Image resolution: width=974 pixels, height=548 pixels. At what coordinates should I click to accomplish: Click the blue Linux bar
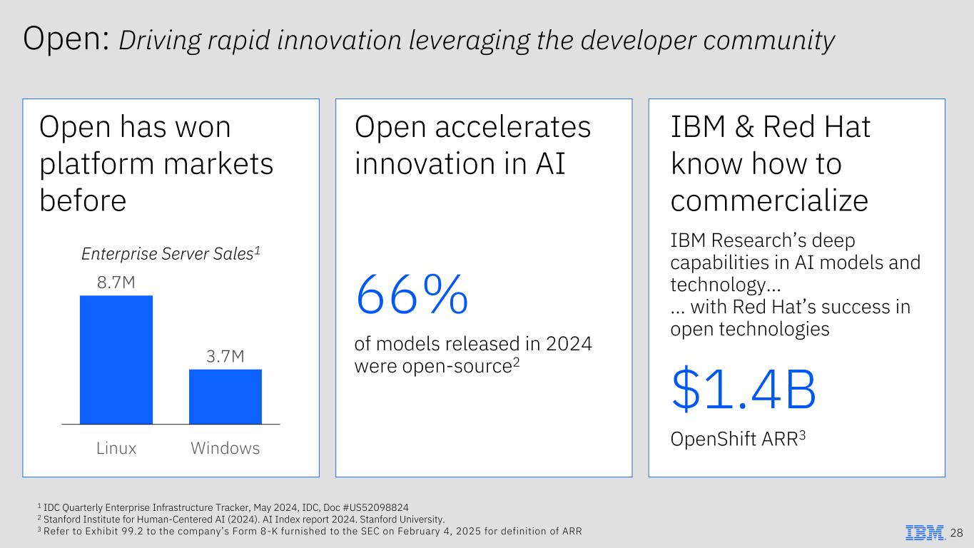[116, 360]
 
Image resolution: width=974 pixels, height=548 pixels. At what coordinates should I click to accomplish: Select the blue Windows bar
[225, 397]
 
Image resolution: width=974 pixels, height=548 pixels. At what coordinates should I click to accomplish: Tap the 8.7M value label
[116, 283]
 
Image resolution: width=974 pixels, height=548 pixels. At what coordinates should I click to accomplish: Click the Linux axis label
[116, 448]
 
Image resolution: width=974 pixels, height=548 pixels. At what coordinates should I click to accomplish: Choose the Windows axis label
[225, 448]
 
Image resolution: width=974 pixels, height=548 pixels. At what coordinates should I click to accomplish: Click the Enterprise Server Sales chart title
[170, 253]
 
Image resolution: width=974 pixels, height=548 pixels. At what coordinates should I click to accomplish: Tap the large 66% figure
[412, 295]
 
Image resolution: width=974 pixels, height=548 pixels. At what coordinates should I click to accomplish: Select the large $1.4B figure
[743, 390]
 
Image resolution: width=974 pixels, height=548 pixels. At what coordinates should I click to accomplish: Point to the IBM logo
[925, 533]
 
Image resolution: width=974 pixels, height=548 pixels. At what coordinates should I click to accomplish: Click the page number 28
[957, 533]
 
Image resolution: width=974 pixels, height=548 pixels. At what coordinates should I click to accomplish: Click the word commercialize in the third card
[769, 201]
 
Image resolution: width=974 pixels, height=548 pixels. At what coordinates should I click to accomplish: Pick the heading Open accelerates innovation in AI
[472, 146]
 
